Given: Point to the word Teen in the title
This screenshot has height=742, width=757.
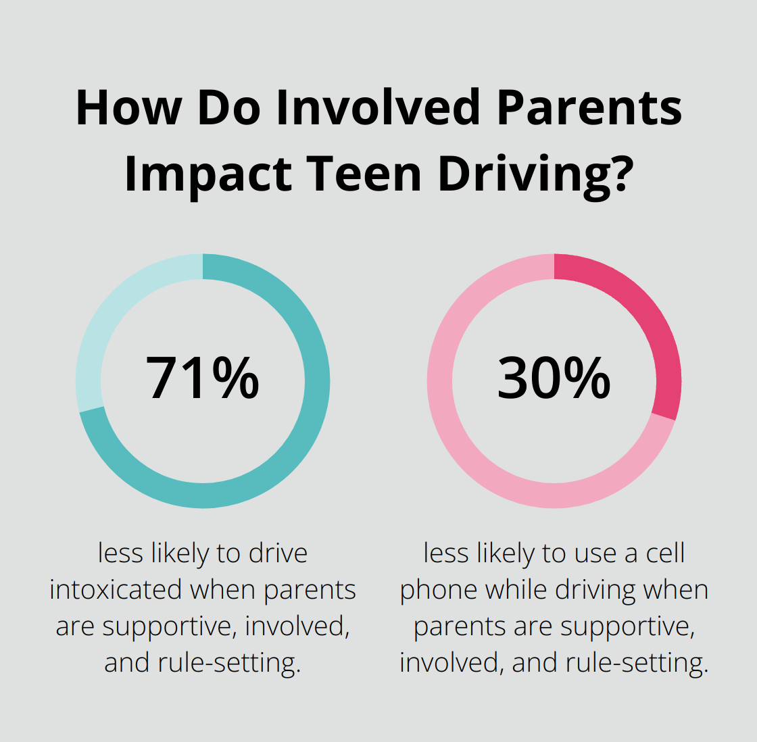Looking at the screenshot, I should click(x=362, y=174).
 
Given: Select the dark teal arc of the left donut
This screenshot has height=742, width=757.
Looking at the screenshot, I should click(x=297, y=439).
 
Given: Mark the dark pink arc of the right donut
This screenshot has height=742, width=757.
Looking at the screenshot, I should click(x=649, y=318).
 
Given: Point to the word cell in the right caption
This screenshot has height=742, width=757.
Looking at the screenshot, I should click(x=665, y=553).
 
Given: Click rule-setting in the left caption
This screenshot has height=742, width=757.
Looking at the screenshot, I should click(x=229, y=663).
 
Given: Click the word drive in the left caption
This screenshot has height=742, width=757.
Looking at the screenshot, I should click(x=278, y=553).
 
